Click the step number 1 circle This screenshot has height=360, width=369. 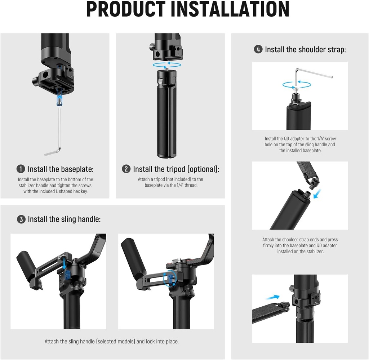click(21, 169)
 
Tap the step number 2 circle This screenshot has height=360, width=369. click(126, 169)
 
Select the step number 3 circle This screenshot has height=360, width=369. click(21, 219)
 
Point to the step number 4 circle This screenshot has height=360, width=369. click(258, 49)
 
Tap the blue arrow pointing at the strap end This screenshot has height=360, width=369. click(317, 195)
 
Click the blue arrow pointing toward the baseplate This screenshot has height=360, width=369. click(272, 297)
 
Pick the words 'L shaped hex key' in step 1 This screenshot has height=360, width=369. click(70, 191)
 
